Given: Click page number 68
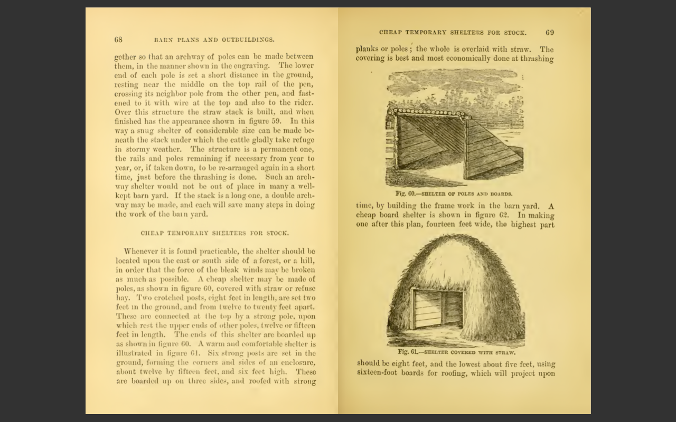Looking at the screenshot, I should (x=118, y=40).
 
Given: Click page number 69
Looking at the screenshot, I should (x=550, y=33).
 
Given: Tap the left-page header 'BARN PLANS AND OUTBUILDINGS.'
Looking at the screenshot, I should (x=214, y=40).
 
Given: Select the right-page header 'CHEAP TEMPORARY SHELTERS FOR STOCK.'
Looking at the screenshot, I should (x=452, y=33).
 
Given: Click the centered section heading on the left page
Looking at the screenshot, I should (x=214, y=233).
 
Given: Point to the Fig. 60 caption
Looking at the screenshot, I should (x=454, y=194).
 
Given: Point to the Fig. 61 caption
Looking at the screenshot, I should (x=457, y=352).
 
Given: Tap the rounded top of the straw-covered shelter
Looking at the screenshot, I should (x=454, y=248).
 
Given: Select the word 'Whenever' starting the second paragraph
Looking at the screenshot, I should (x=142, y=251).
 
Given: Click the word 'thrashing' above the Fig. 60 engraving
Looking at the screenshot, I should (x=537, y=59).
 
